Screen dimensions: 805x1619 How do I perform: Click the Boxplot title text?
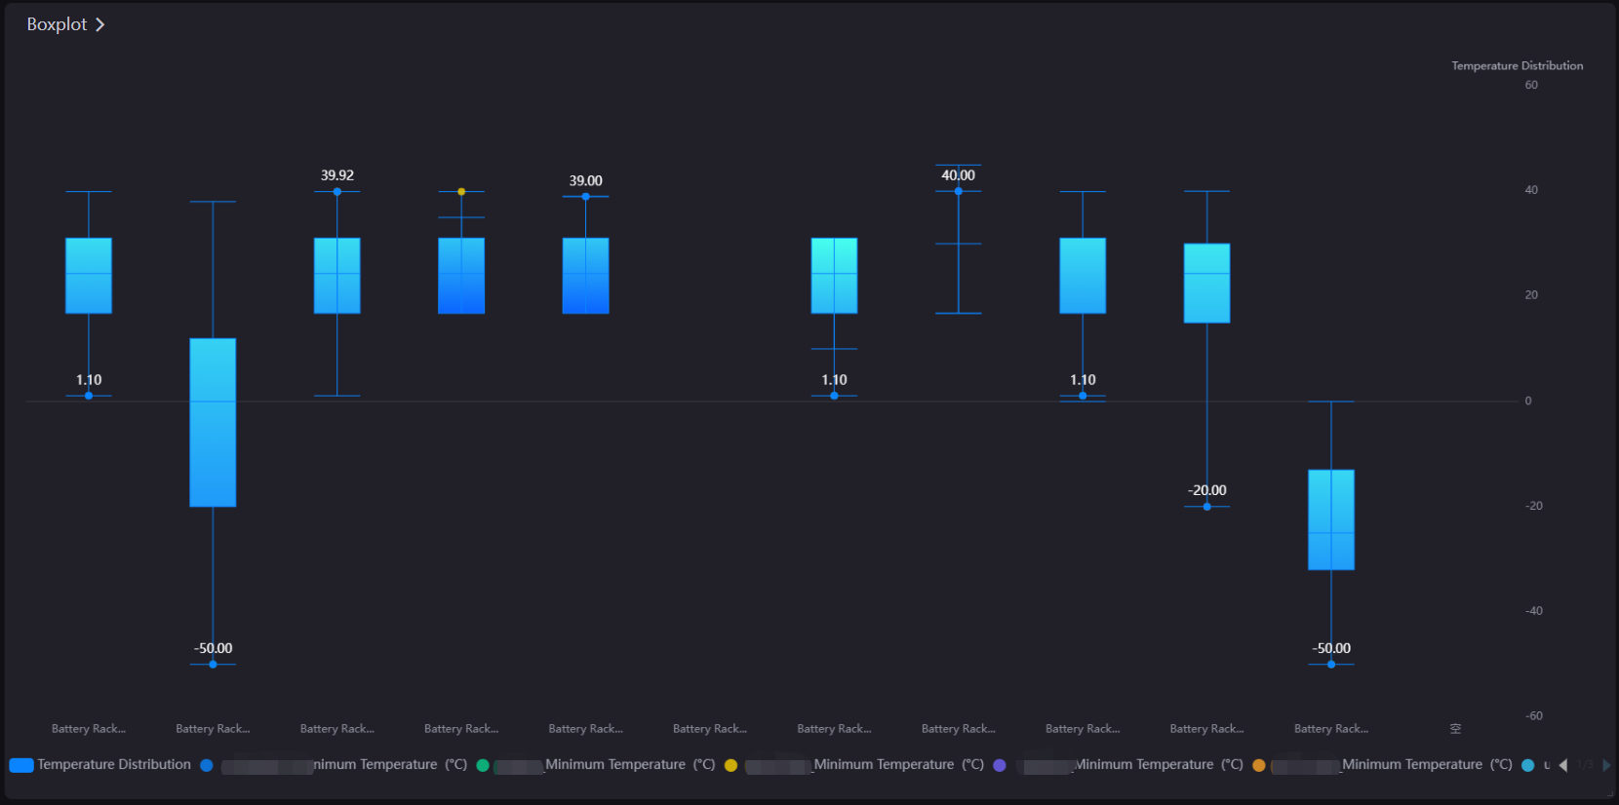click(x=57, y=24)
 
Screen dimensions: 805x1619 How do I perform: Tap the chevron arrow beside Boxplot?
click(x=99, y=24)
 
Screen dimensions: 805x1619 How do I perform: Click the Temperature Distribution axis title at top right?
click(x=1517, y=66)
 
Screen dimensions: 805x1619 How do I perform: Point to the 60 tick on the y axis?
click(x=1531, y=85)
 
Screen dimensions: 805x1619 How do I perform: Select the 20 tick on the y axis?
click(x=1531, y=295)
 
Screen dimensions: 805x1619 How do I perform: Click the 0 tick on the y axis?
click(x=1528, y=401)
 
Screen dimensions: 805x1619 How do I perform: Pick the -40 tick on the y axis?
click(x=1533, y=611)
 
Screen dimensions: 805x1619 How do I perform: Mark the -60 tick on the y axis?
click(x=1533, y=716)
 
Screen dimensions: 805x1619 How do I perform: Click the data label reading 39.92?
click(x=337, y=175)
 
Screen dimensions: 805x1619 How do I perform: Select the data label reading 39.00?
click(x=585, y=181)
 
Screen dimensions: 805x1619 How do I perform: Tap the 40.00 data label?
click(x=958, y=175)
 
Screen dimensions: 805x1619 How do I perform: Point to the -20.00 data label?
click(x=1206, y=490)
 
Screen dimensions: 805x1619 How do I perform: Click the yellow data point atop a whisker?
click(x=461, y=192)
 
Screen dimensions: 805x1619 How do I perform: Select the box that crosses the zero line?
click(x=213, y=422)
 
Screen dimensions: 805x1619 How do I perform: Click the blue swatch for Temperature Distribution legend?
click(x=21, y=765)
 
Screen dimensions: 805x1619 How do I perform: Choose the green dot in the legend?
click(x=482, y=765)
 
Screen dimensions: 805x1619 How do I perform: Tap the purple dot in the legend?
click(x=999, y=765)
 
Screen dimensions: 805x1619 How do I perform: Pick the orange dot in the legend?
click(x=1258, y=765)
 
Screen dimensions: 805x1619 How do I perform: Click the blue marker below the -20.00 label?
click(x=1206, y=507)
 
